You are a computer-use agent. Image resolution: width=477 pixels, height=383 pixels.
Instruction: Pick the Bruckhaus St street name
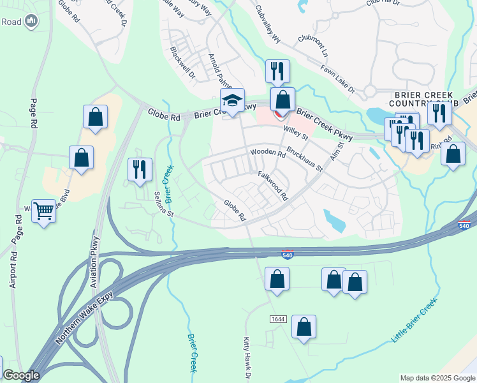pos(305,160)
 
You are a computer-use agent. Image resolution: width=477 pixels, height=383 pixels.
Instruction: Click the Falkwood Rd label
pos(274,184)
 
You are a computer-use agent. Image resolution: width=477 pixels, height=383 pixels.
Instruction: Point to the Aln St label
pos(337,153)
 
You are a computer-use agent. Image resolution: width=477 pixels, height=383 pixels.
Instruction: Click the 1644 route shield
pos(277,319)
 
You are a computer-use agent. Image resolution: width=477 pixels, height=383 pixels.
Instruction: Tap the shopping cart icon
pos(43,210)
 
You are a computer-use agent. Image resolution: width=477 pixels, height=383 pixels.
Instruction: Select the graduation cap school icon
pos(232,100)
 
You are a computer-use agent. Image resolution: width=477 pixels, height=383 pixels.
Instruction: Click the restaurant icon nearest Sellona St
pos(140,169)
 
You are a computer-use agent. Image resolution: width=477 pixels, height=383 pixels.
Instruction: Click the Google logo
pos(21,375)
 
